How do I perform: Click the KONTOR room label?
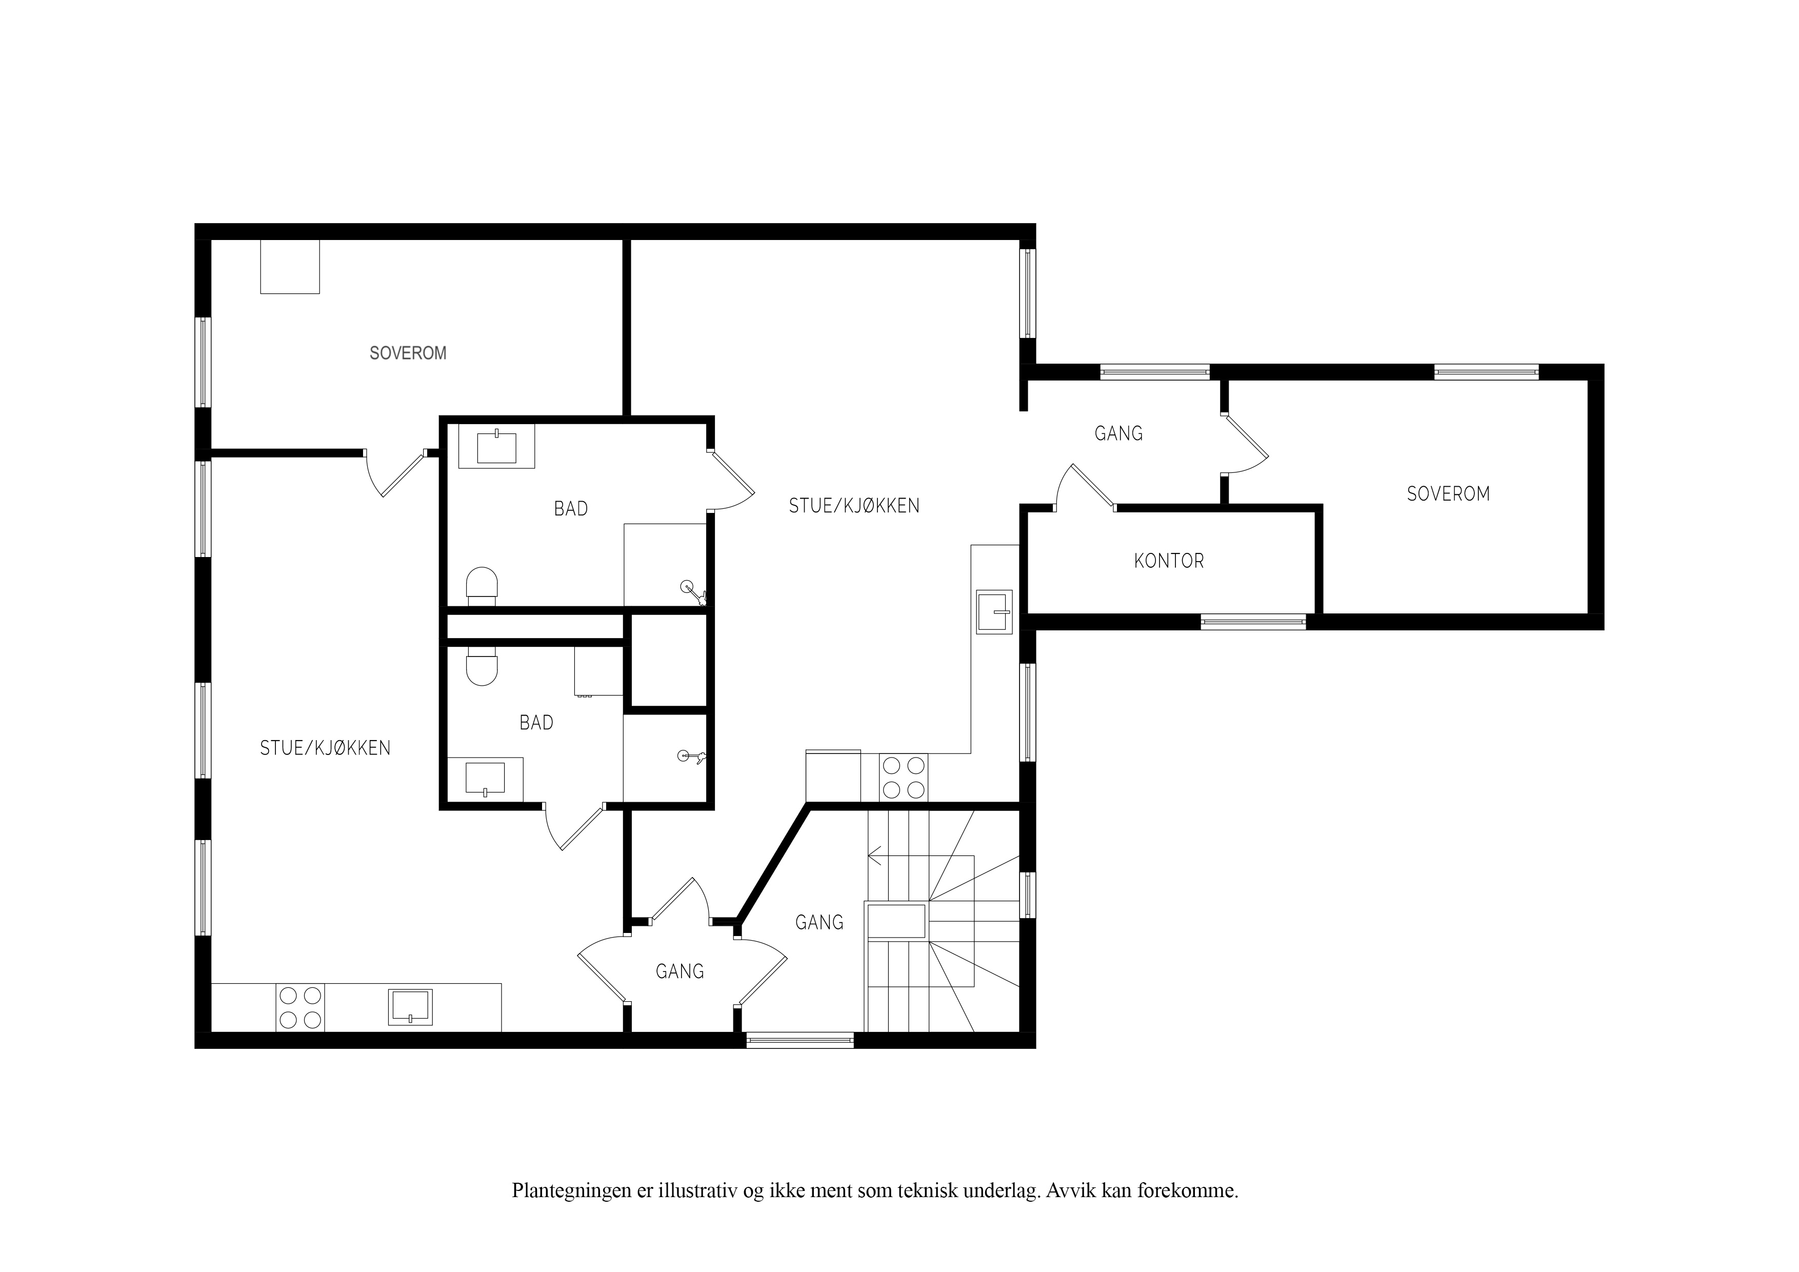(1168, 561)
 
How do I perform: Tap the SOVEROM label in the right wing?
(1448, 494)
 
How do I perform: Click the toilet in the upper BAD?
(482, 586)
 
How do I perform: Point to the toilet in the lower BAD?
(482, 666)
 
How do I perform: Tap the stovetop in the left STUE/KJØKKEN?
(300, 1007)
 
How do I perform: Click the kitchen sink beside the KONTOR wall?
(994, 611)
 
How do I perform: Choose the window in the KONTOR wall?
(1254, 622)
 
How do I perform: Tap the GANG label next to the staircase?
(819, 922)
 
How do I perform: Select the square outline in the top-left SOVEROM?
(290, 267)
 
